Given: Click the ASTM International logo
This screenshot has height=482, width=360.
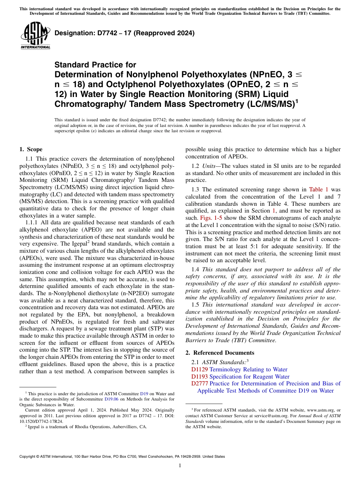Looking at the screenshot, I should [35, 36].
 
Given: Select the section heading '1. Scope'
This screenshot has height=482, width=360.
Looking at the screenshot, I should [31, 149].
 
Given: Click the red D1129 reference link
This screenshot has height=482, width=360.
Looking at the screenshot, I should [199, 369].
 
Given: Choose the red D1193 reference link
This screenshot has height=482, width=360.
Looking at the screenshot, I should [199, 377].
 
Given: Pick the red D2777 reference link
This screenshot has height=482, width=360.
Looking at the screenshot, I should [199, 383].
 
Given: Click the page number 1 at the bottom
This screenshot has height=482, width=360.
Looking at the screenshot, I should [180, 466].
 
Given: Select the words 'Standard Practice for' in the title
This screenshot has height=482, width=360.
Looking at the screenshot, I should [95, 65].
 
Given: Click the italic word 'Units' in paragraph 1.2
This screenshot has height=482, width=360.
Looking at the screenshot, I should [210, 166].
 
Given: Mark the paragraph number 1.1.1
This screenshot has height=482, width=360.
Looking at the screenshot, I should [32, 222].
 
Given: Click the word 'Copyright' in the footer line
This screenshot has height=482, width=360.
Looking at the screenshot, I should [28, 457].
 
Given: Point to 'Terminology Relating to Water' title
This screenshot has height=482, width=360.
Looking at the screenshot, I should [248, 369].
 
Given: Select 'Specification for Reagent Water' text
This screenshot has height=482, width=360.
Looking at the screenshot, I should [249, 377].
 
